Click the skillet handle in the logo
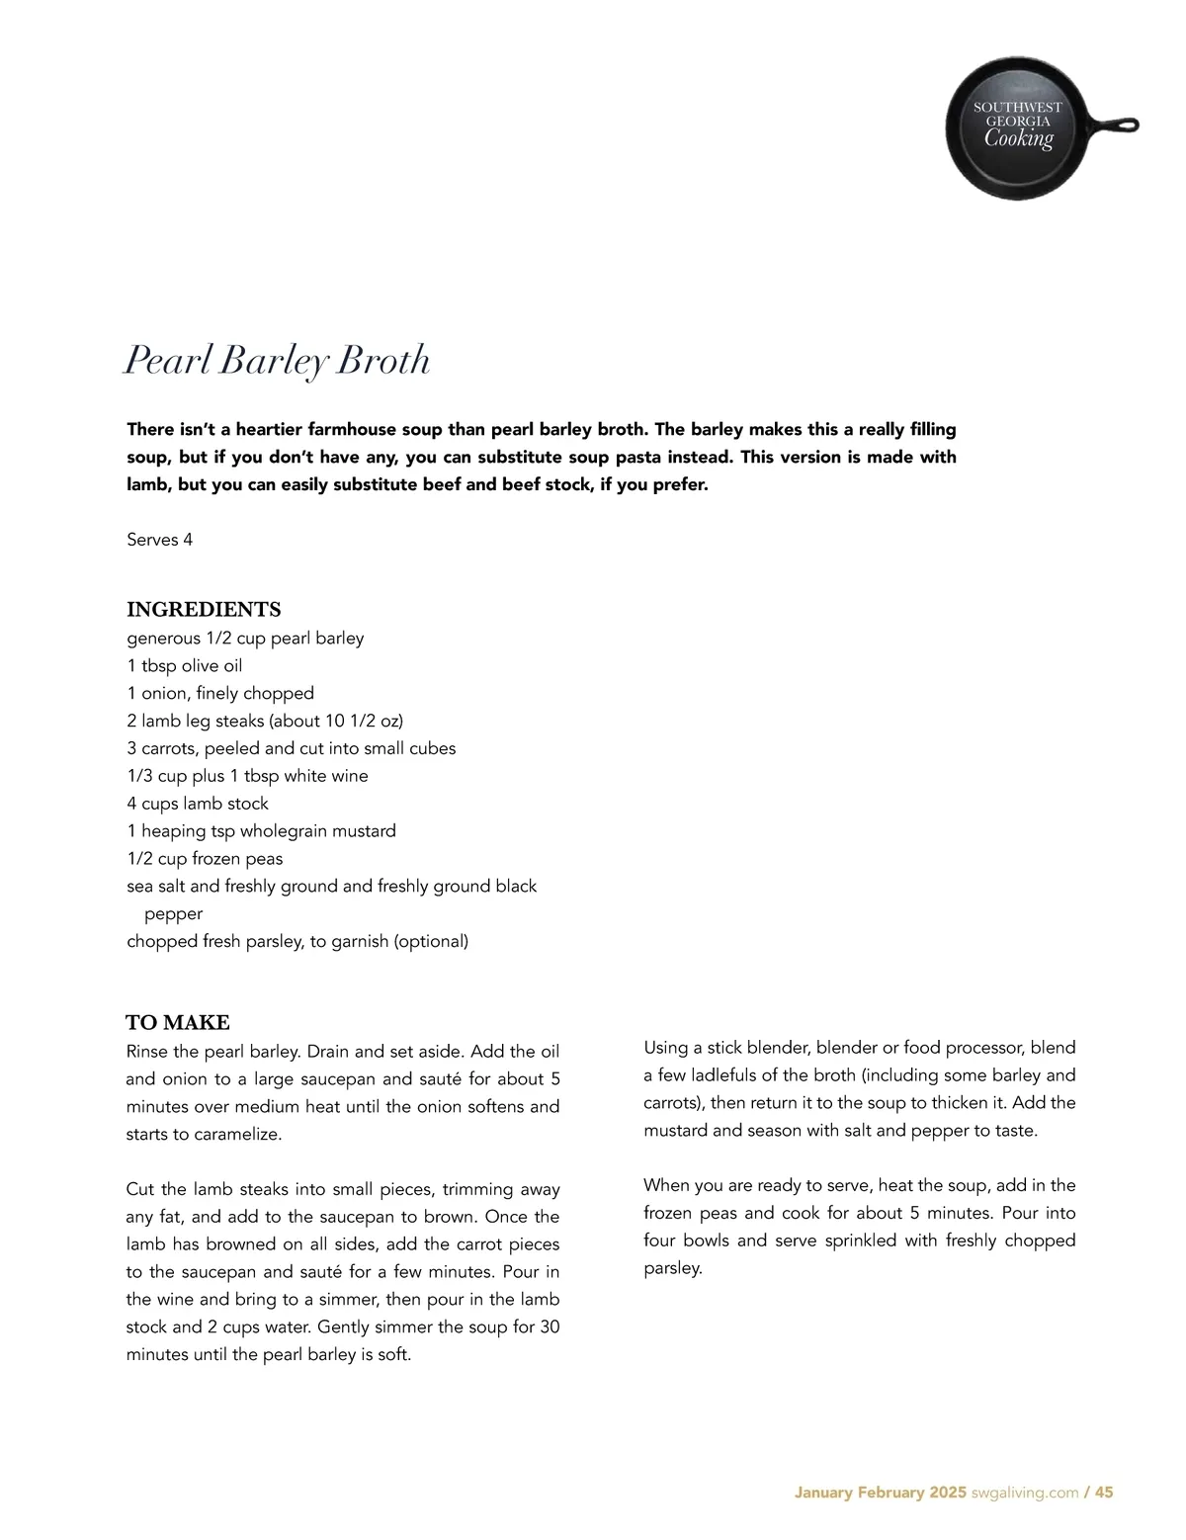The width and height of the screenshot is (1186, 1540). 1115,127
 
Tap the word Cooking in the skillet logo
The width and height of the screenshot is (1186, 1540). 1018,138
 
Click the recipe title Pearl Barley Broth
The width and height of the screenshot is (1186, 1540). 277,361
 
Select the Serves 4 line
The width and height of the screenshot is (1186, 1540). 160,540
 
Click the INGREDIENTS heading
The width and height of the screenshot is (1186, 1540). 204,610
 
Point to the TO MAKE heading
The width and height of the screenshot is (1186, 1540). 178,1022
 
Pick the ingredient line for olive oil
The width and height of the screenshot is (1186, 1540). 185,666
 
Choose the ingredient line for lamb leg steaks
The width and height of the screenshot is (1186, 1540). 265,721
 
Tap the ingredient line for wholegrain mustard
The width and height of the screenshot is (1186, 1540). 262,831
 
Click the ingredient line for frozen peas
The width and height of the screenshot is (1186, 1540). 205,859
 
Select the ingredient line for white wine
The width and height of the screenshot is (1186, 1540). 247,776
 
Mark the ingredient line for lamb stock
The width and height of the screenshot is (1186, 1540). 198,804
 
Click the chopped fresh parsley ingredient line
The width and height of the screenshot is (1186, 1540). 297,942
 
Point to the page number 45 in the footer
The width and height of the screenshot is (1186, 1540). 1104,1493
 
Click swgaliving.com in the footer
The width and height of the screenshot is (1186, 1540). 1025,1493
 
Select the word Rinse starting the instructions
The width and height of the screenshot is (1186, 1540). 149,1052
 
